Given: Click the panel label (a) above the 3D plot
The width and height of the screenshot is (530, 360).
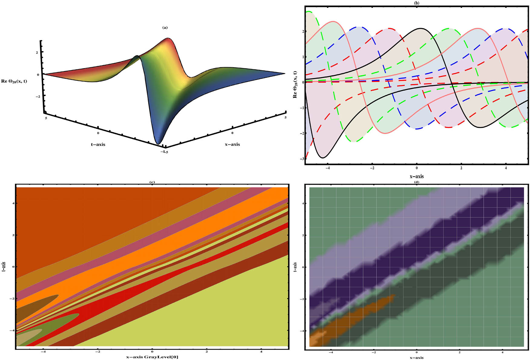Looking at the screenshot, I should [x=165, y=28].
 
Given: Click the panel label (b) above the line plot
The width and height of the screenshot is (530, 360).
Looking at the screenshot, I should [x=417, y=3].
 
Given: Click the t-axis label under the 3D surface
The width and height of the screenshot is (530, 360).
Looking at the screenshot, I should [x=98, y=144].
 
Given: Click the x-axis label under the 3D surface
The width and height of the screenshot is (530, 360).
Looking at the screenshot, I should [x=232, y=144].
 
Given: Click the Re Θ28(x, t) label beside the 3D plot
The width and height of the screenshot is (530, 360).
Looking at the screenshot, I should [x=14, y=81].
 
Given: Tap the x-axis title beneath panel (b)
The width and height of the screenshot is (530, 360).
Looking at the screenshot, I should [x=416, y=176].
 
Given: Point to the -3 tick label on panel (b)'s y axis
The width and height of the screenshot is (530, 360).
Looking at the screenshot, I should [x=302, y=159].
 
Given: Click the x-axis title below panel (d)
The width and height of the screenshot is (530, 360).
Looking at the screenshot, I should [x=416, y=358].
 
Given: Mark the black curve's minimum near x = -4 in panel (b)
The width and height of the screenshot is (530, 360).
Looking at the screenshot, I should [x=323, y=158].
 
